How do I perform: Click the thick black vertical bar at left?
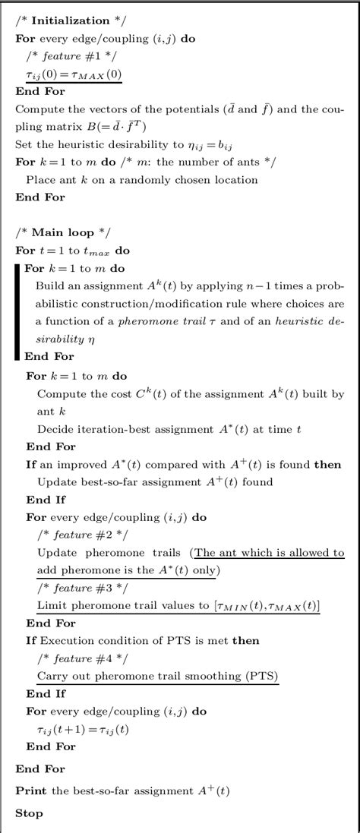coord(17,311)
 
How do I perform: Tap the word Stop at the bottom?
coord(29,812)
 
